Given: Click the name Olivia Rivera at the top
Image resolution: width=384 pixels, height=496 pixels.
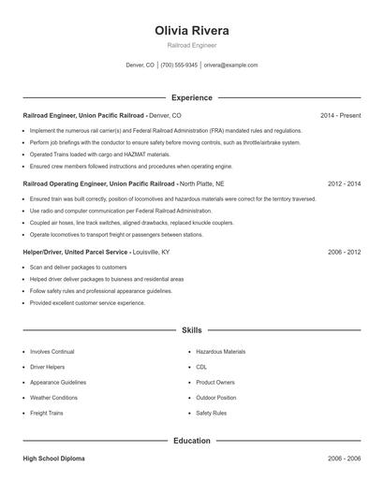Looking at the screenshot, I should [191, 31].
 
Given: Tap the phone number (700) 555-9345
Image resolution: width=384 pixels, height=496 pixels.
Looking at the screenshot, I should [179, 66].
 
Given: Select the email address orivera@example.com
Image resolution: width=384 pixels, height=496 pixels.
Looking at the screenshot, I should [230, 66].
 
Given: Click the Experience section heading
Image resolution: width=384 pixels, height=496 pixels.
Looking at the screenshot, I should [191, 97].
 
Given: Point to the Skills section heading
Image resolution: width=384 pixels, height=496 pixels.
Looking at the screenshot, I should [191, 330].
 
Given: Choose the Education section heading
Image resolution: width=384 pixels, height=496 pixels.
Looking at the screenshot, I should [191, 440].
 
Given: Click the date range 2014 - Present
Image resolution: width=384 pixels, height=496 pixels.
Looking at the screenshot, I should [340, 115].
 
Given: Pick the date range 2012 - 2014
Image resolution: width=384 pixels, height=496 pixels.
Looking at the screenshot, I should [344, 184].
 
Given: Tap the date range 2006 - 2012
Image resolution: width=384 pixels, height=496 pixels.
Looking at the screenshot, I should [344, 253].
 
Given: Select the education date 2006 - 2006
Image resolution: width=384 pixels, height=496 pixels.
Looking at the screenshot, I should [344, 460].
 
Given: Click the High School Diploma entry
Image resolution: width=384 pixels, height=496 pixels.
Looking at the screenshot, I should [54, 460].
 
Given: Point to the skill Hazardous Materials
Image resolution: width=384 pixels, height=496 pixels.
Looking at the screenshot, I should [220, 352].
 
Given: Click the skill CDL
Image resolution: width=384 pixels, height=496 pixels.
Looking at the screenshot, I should [201, 367].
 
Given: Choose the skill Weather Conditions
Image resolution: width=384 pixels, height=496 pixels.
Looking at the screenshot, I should [53, 398].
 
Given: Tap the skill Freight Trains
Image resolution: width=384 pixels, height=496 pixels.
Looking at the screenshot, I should [46, 413].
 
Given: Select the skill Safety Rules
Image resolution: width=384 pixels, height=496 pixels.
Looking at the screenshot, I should [211, 413].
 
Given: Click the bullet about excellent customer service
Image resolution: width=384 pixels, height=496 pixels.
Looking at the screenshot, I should [87, 303].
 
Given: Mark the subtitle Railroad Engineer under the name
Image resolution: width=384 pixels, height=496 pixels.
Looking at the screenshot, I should [191, 45].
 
